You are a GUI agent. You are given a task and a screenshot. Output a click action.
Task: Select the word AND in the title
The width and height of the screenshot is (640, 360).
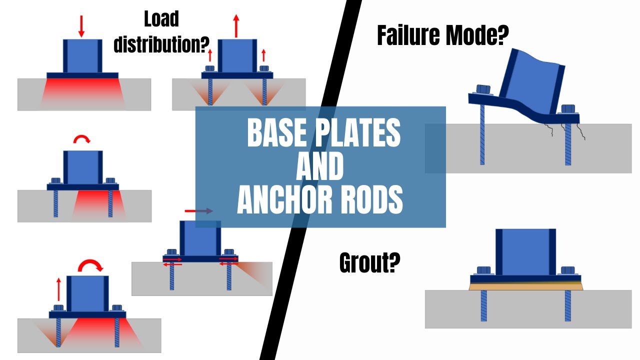pos(320,166)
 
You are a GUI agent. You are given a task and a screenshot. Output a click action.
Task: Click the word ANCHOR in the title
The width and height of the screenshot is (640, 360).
pos(277,199)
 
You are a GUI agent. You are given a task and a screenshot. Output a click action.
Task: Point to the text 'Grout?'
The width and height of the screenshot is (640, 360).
pos(369,262)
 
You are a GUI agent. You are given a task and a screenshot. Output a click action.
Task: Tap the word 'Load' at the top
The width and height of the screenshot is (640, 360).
pos(161,19)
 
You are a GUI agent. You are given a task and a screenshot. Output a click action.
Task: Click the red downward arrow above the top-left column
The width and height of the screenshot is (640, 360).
pos(81,25)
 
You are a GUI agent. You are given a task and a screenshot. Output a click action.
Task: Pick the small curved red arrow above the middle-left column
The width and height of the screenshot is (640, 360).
pos(82,139)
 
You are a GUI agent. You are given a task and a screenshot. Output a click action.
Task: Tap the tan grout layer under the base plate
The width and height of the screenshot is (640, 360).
pos(525,287)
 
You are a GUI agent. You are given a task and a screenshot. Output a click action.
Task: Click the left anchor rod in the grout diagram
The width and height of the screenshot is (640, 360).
pos(483,306)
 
